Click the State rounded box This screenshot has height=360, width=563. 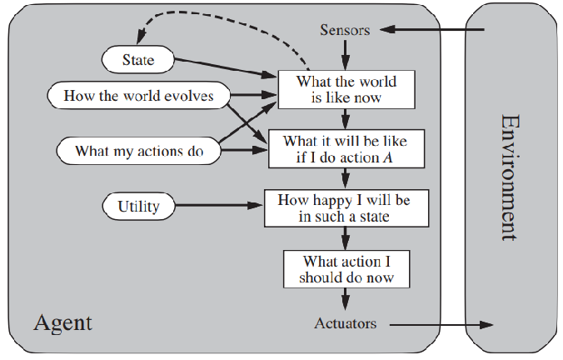click(x=137, y=59)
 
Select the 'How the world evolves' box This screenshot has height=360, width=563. click(x=138, y=96)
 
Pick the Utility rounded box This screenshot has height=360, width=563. click(x=138, y=205)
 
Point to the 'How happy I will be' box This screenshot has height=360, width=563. click(x=346, y=208)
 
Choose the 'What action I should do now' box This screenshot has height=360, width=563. click(x=345, y=268)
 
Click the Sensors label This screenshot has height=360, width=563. click(x=344, y=30)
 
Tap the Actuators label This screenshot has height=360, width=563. click(x=345, y=322)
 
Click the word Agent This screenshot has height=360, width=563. click(x=62, y=322)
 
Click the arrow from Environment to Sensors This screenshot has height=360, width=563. click(x=433, y=30)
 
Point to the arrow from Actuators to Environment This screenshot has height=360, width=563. click(x=441, y=323)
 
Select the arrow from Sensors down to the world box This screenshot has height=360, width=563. click(x=345, y=56)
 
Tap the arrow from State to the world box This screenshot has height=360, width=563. click(x=225, y=67)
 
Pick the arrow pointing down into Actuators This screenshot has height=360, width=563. click(x=345, y=299)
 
